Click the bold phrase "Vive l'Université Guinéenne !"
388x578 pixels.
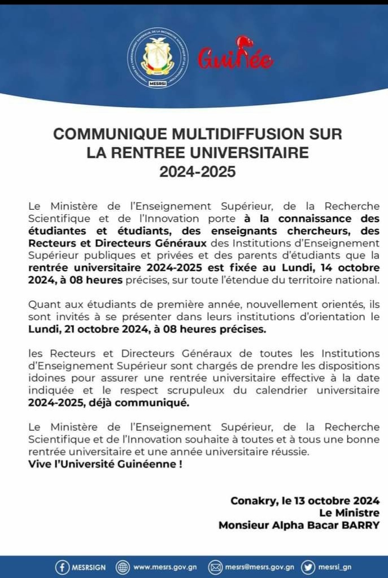click(x=106, y=464)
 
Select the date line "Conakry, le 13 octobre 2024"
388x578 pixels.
click(x=305, y=500)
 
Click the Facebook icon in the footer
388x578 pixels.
click(x=62, y=567)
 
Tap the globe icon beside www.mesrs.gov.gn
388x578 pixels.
click(x=123, y=567)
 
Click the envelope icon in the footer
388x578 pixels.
click(x=215, y=567)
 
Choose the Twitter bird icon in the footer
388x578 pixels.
click(x=308, y=567)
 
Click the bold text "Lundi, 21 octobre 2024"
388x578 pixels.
click(x=82, y=330)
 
